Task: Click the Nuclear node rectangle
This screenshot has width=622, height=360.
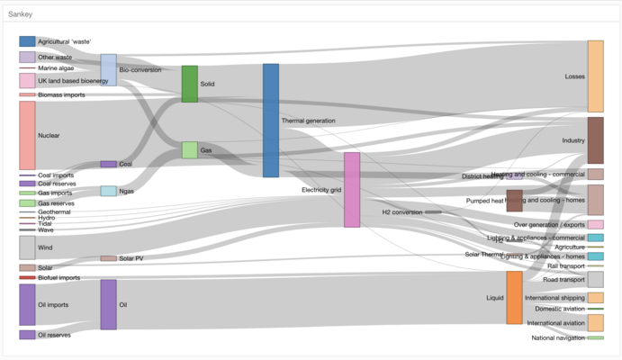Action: click(27, 135)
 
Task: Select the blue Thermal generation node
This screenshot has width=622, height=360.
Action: click(270, 120)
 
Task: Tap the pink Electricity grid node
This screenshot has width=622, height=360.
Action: click(352, 189)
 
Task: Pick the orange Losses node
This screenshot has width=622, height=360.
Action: click(595, 76)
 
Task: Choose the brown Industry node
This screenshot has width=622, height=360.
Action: click(595, 139)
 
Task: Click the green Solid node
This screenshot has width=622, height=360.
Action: click(189, 84)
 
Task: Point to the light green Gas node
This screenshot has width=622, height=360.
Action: click(189, 149)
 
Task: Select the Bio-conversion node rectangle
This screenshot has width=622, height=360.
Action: click(108, 69)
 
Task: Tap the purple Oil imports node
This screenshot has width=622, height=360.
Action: click(27, 304)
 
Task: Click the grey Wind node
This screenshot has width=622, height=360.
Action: click(27, 247)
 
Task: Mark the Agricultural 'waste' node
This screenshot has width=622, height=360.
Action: click(27, 41)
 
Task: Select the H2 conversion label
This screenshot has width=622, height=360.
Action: click(401, 212)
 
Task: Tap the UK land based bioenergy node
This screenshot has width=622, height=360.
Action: click(27, 81)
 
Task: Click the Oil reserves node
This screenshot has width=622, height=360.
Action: click(27, 335)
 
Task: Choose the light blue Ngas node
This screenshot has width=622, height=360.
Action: click(108, 191)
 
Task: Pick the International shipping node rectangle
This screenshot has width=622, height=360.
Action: click(595, 297)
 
